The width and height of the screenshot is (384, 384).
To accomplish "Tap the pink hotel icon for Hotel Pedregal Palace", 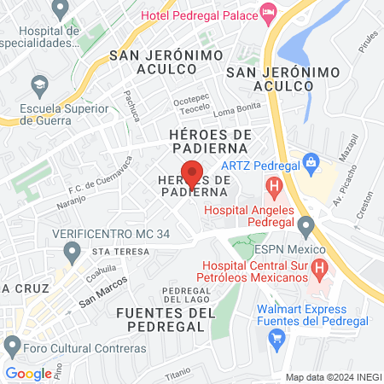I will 269,10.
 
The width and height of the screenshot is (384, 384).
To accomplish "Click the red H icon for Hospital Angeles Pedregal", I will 273,184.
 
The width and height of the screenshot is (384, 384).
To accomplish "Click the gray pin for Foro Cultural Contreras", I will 12,346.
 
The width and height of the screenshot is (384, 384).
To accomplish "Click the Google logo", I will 28,373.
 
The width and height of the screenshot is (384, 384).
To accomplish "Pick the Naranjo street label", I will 72,201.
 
